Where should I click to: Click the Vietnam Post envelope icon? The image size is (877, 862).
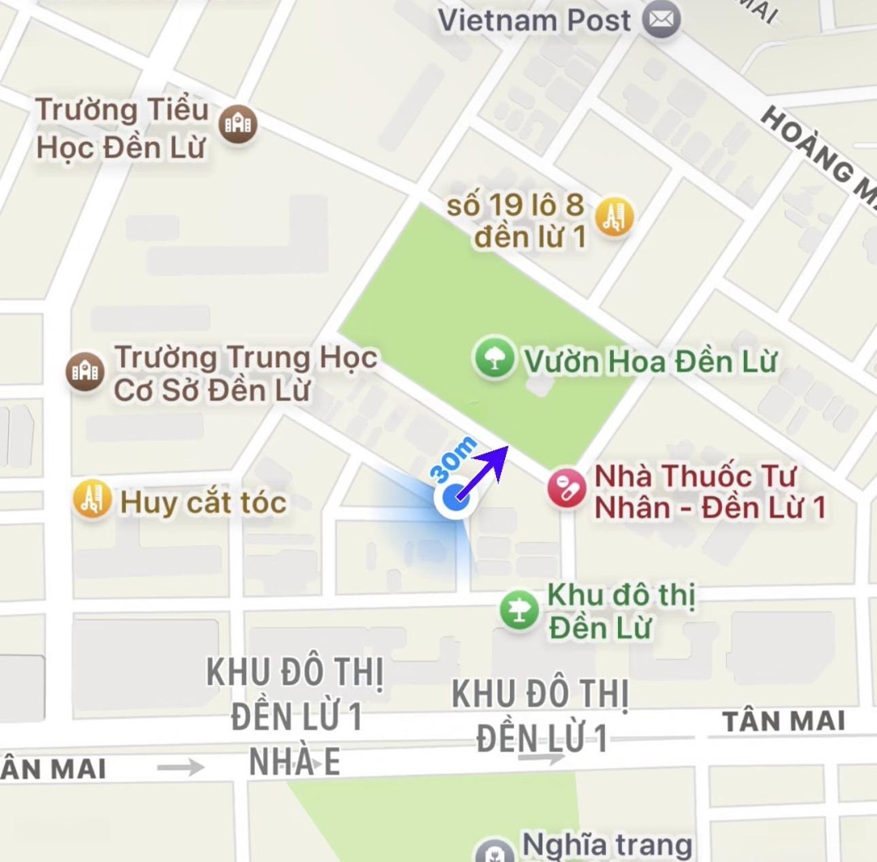(662, 20)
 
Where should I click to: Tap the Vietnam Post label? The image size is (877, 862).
(534, 20)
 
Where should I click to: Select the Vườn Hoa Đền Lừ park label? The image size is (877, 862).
(650, 362)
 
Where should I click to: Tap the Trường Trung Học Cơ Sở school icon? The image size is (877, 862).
(84, 371)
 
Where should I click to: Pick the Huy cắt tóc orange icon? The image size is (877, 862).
(92, 500)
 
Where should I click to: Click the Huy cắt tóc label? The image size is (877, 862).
(203, 503)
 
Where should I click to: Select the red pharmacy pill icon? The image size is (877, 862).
(567, 489)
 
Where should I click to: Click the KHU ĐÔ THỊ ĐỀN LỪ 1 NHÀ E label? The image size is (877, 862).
(294, 717)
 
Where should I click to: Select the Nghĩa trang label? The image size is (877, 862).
(605, 845)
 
